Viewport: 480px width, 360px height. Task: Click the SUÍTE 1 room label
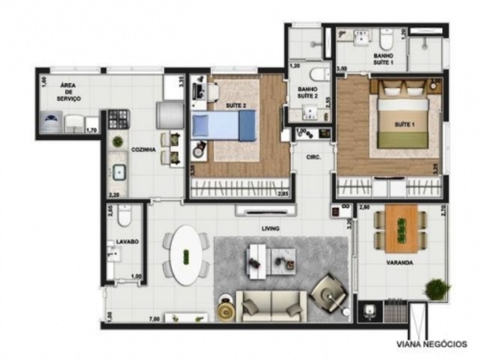coord(403,124)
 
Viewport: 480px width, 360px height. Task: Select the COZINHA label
coord(144,150)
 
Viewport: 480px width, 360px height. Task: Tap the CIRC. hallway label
coord(313,157)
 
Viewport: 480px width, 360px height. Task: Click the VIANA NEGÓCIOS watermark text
coord(431,344)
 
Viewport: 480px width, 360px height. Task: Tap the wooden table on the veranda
coord(400,228)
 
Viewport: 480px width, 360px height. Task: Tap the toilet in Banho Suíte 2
coord(318,74)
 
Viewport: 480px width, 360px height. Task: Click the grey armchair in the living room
coord(329,291)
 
